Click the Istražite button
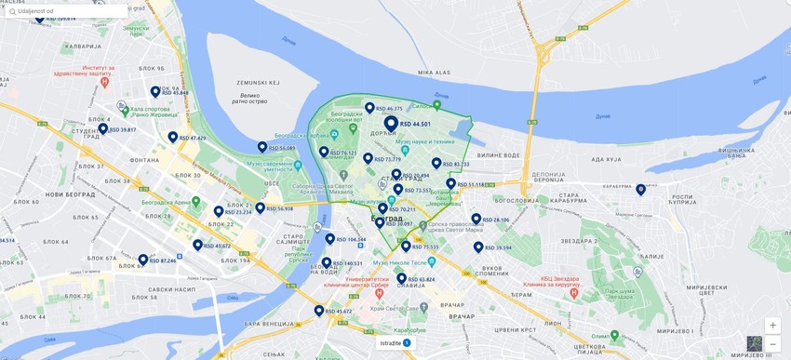coord(395,343)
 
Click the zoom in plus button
coord(772,326)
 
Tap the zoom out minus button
coord(772,344)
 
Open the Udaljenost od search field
coord(65,11)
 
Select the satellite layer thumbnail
coord(754,343)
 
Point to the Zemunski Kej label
coord(136,31)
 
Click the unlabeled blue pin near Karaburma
coord(640,190)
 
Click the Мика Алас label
coord(434,72)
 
